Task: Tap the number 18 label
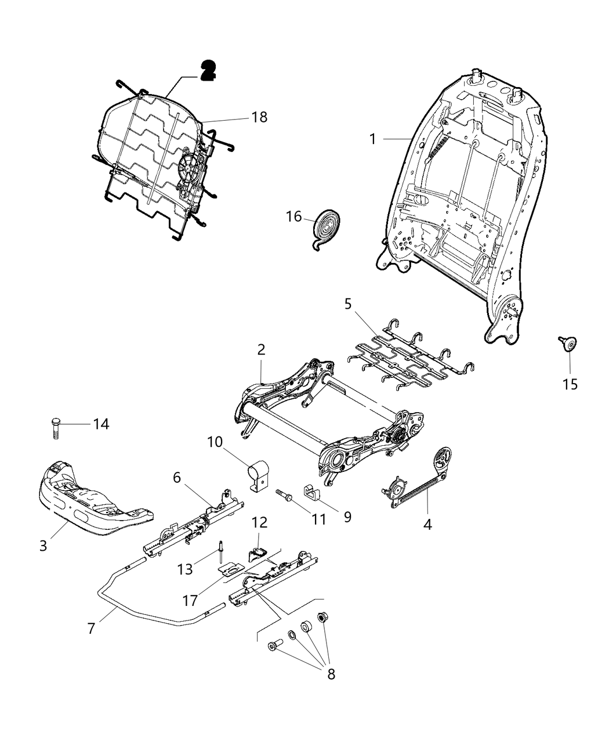pyautogui.click(x=259, y=117)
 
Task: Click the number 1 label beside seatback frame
pyautogui.click(x=373, y=139)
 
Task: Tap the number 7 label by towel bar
pyautogui.click(x=90, y=628)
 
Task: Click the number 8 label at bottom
pyautogui.click(x=331, y=674)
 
